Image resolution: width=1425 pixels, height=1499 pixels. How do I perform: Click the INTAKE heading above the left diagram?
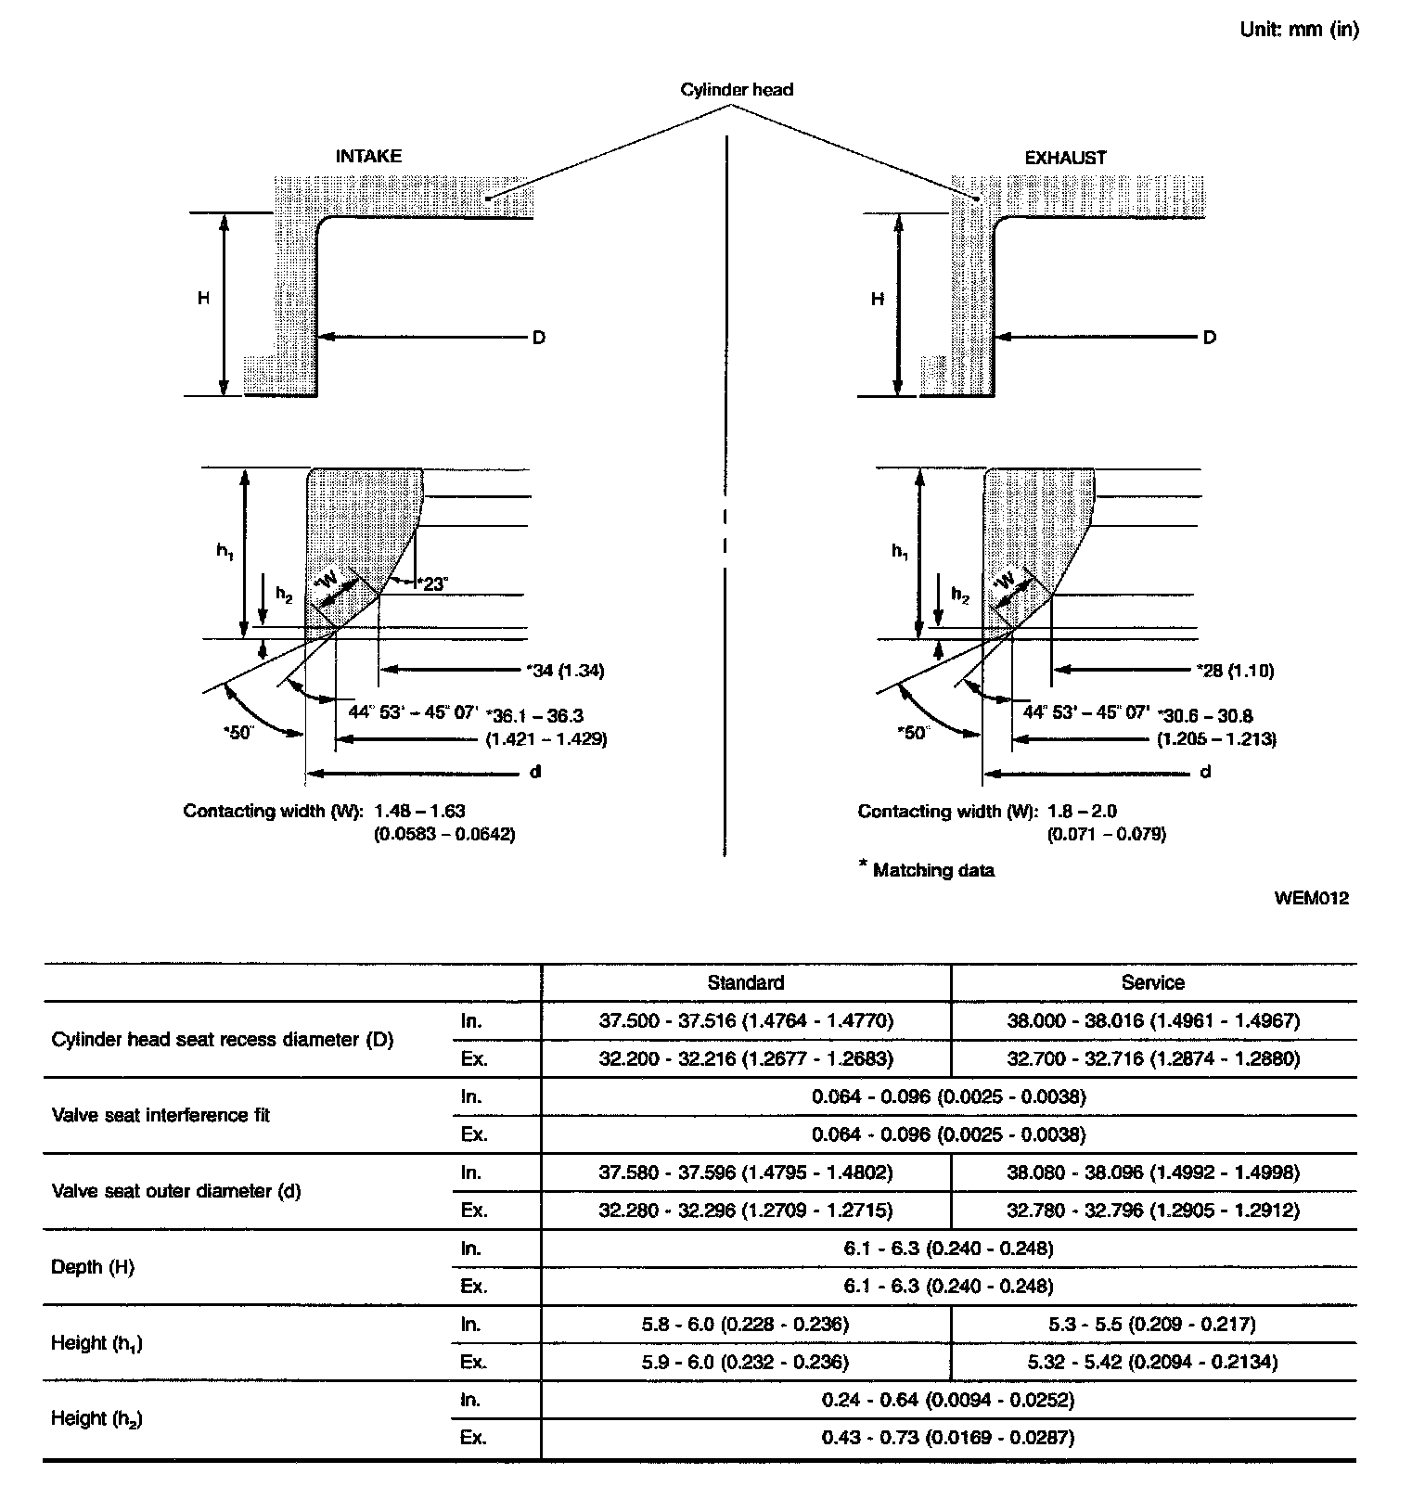[x=368, y=157]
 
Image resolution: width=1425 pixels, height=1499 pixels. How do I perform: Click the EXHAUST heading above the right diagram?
[x=1065, y=158]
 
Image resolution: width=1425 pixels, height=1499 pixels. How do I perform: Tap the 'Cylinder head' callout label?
[x=737, y=90]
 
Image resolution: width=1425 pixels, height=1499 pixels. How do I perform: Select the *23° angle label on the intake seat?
[x=432, y=583]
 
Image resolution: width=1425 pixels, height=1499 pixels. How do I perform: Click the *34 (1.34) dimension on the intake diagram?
[x=564, y=671]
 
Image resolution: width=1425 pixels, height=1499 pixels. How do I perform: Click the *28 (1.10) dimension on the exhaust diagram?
[x=1234, y=671]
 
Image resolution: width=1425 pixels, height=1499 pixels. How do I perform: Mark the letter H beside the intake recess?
[x=202, y=299]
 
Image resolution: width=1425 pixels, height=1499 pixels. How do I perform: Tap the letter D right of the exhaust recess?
[x=1209, y=338]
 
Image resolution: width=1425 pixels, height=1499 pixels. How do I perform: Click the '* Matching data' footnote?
[x=928, y=870]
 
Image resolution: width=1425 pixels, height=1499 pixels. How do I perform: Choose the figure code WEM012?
[x=1311, y=898]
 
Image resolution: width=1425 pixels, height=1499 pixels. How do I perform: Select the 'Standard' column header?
[x=745, y=983]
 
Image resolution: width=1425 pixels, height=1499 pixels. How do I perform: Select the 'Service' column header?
[x=1152, y=983]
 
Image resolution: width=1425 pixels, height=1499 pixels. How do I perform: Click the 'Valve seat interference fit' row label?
[x=160, y=1115]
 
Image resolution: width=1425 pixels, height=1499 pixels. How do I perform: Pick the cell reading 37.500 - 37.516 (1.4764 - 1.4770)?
[x=745, y=1021]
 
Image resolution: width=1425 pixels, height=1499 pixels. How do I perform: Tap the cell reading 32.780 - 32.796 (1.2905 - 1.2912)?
[x=1152, y=1211]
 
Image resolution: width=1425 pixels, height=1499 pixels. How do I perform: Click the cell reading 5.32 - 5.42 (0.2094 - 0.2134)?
[x=1152, y=1362]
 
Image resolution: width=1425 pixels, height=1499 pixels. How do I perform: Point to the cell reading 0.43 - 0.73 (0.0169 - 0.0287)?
[x=947, y=1438]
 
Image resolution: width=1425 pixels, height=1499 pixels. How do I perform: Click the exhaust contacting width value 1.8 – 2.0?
[x=1082, y=812]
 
